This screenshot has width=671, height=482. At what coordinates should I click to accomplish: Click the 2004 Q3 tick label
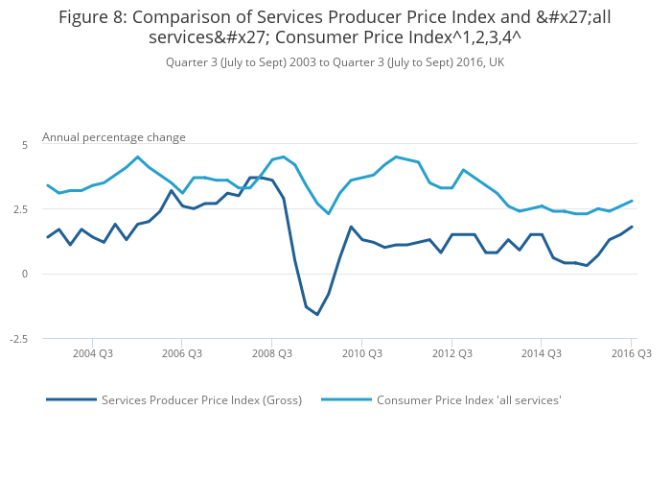tap(93, 353)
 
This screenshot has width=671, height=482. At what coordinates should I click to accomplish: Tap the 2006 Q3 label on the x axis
tap(182, 353)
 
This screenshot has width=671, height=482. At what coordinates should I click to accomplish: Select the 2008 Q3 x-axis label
tap(272, 353)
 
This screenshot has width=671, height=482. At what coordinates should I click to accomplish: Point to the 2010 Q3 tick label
tap(362, 353)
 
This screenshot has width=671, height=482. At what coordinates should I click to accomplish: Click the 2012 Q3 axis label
tap(451, 353)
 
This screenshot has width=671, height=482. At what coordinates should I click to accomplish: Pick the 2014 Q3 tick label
tap(542, 353)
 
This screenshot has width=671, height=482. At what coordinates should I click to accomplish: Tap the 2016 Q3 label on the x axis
tap(631, 353)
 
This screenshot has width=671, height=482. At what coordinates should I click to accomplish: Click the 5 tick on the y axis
tap(26, 144)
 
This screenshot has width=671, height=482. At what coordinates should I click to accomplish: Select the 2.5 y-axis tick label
tap(22, 209)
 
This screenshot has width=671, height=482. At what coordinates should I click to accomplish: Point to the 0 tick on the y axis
tap(26, 274)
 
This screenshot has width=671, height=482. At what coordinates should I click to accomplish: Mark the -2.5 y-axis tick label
tap(20, 339)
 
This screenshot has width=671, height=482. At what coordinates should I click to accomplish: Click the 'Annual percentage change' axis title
tap(114, 137)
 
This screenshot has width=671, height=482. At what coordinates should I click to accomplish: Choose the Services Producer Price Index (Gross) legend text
tap(201, 400)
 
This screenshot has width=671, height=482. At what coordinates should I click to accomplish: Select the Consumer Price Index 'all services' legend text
tap(469, 400)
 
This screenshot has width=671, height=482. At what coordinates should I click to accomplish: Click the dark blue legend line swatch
tap(72, 399)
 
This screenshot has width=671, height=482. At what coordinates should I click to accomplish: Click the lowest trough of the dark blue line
tap(317, 315)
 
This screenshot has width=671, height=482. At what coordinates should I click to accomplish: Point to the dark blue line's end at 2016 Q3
tap(632, 227)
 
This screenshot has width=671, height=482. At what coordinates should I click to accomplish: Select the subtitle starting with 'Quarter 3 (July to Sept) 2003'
tap(335, 62)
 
